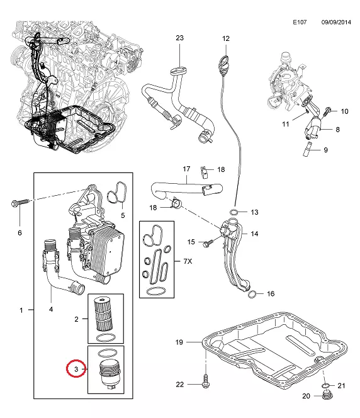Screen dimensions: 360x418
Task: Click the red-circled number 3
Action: pyautogui.click(x=76, y=369)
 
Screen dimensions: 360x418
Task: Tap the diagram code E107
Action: pyautogui.click(x=300, y=22)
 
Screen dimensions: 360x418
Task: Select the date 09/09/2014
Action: pyautogui.click(x=336, y=22)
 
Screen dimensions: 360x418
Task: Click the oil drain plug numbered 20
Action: pyautogui.click(x=326, y=395)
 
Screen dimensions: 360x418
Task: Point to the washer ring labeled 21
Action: pyautogui.click(x=326, y=385)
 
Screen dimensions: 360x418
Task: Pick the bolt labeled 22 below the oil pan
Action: pyautogui.click(x=205, y=381)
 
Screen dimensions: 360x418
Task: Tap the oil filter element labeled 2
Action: pyautogui.click(x=104, y=313)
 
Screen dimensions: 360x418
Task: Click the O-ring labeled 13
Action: pyautogui.click(x=234, y=212)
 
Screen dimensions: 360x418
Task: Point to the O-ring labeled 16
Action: pyautogui.click(x=252, y=295)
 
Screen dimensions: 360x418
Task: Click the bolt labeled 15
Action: pyautogui.click(x=208, y=243)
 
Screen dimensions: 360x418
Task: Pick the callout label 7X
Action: pyautogui.click(x=188, y=261)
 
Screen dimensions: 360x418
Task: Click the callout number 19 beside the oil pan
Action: pyautogui.click(x=179, y=342)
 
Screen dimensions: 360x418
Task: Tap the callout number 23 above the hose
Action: pyautogui.click(x=179, y=38)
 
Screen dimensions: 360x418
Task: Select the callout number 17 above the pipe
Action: pyautogui.click(x=186, y=169)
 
